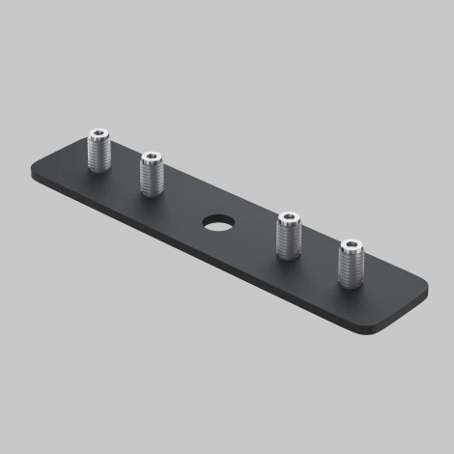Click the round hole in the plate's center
216,222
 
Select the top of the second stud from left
153,157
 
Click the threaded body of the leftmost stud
99,153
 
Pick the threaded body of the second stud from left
153,175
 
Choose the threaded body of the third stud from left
289,238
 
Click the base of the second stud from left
153,192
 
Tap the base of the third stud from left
289,256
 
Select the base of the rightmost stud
352,286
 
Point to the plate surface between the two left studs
126,179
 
